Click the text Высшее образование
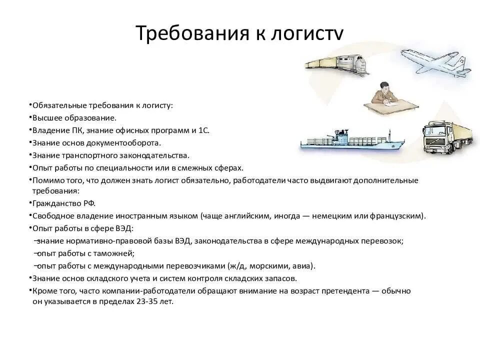74,118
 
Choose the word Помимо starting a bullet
47,180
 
